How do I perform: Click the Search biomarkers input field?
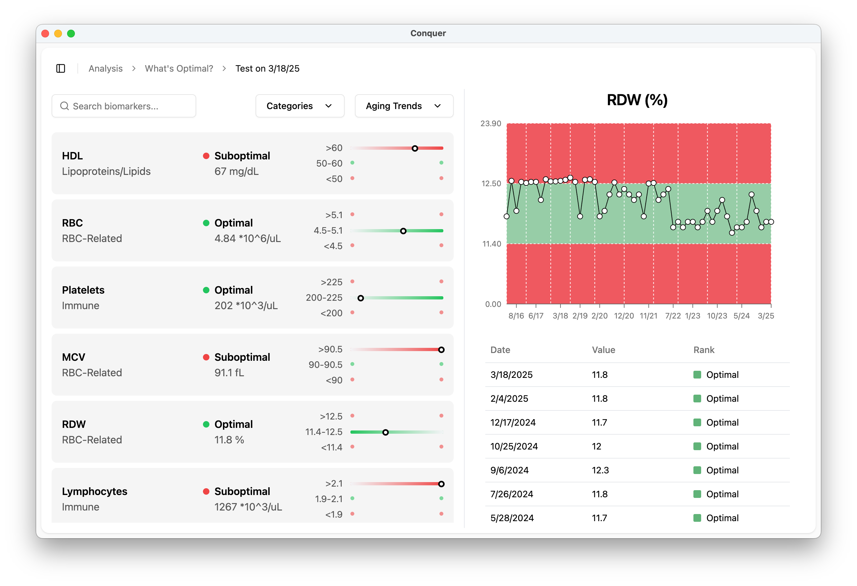(124, 106)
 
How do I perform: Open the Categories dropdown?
(299, 106)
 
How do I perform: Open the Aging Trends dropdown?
(403, 106)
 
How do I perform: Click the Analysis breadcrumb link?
(106, 69)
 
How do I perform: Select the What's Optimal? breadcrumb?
(179, 69)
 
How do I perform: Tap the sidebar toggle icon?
(61, 69)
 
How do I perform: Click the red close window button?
(45, 34)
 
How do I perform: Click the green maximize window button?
(71, 34)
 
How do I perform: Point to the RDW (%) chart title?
(637, 100)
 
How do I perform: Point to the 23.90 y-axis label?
(490, 124)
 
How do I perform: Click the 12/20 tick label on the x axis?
(624, 316)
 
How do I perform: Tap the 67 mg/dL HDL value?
(237, 171)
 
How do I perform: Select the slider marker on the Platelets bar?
(361, 298)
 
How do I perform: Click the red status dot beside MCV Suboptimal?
(206, 357)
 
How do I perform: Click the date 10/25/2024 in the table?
(514, 446)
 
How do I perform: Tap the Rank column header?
(704, 350)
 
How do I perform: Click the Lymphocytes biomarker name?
(95, 491)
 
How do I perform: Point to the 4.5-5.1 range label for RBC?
(328, 230)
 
